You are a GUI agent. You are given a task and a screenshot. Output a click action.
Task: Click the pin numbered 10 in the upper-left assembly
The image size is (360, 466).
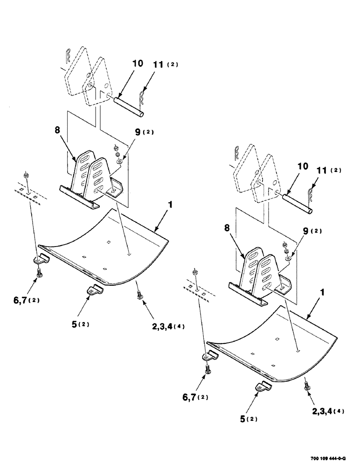(130, 106)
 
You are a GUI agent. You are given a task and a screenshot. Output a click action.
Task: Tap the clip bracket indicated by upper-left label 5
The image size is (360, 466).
(95, 290)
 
